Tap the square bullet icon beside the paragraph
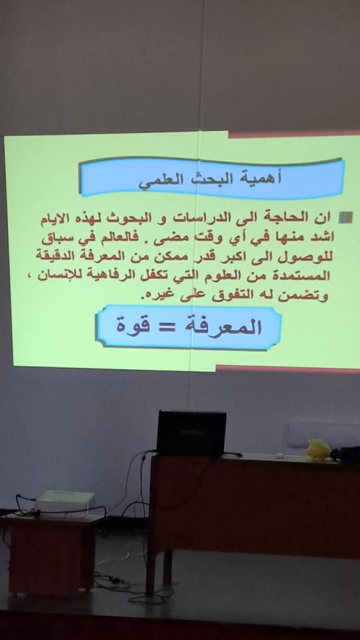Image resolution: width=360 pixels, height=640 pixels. (x=346, y=218)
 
